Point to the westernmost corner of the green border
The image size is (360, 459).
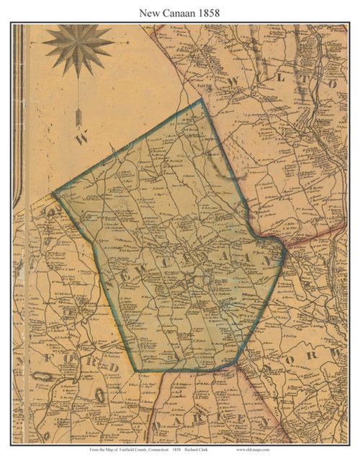[53, 193]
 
